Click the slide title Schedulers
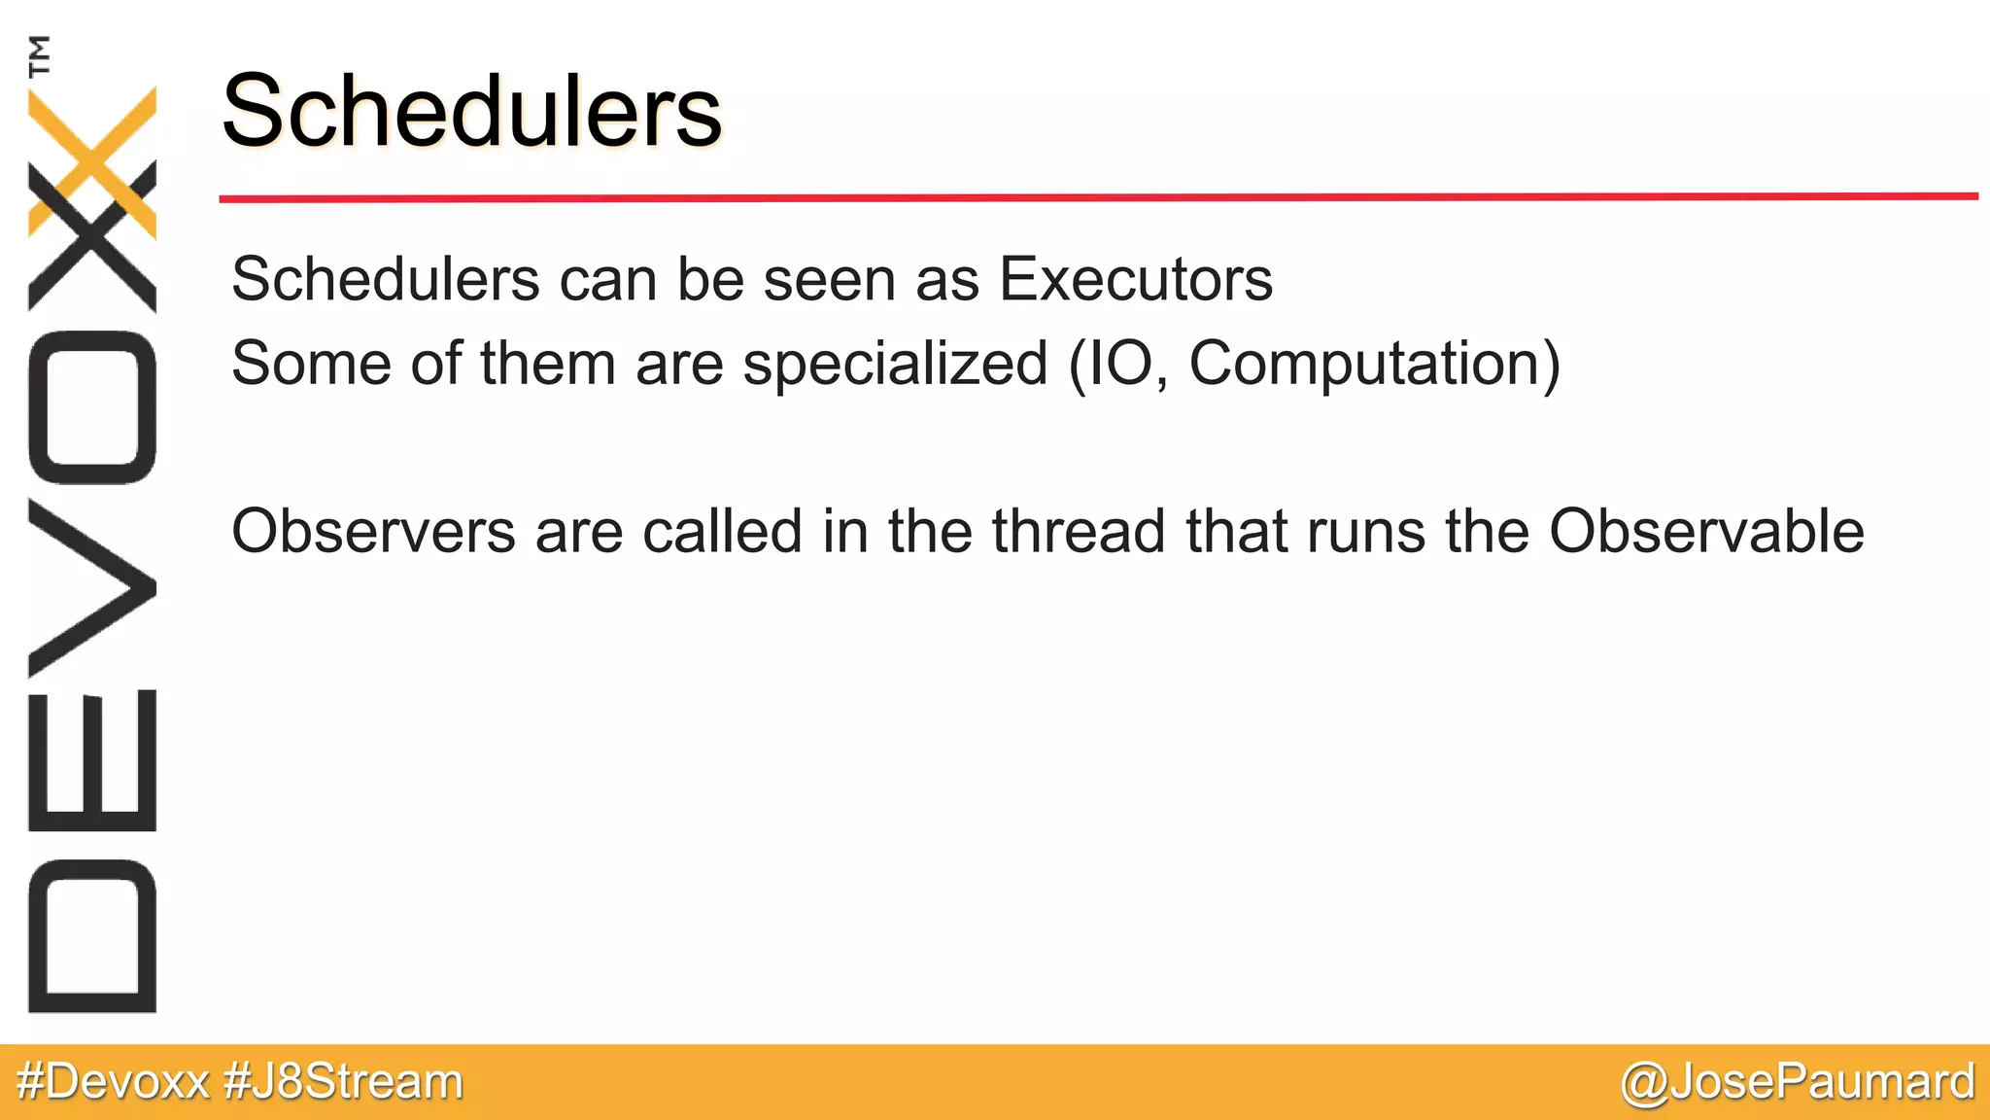point(472,111)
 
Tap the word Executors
point(1136,280)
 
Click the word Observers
point(373,532)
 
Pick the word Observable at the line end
point(1706,532)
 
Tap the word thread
point(1079,532)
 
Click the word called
point(722,532)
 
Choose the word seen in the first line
point(829,281)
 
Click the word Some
point(312,364)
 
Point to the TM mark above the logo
point(39,55)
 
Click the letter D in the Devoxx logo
point(92,936)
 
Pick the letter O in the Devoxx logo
point(92,407)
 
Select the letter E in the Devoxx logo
point(92,761)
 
